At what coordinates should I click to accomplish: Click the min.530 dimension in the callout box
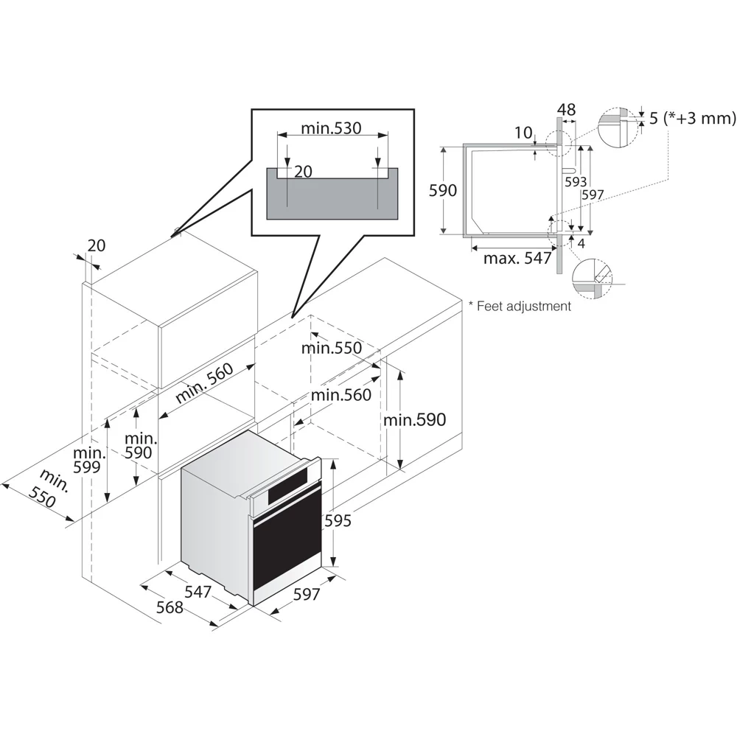pos(331,128)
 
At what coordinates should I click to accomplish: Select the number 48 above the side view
pos(566,110)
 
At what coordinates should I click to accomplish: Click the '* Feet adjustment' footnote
pos(520,306)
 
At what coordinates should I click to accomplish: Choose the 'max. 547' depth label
pos(517,259)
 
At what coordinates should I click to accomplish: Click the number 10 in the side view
pos(523,133)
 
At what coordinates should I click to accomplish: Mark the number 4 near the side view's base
pos(581,242)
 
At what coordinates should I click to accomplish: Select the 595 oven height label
pos(338,520)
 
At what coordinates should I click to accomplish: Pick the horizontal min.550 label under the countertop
pos(331,348)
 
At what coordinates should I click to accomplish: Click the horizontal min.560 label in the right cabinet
pos(340,395)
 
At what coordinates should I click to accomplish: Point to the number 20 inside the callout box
pos(303,172)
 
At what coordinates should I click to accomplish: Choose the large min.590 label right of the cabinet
pos(414,419)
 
